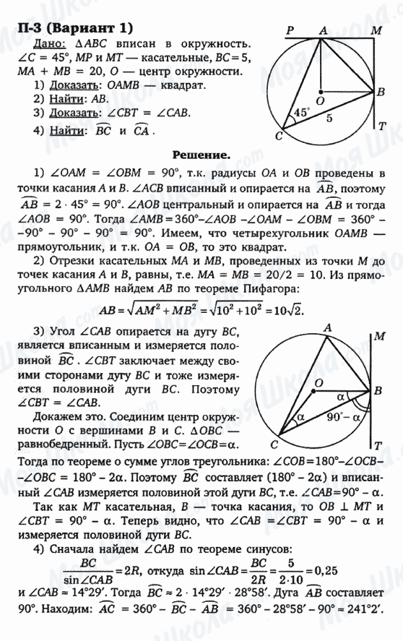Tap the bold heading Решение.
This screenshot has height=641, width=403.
201,155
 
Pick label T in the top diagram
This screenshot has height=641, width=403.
382,126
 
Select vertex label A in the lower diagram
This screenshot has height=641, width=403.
327,328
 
